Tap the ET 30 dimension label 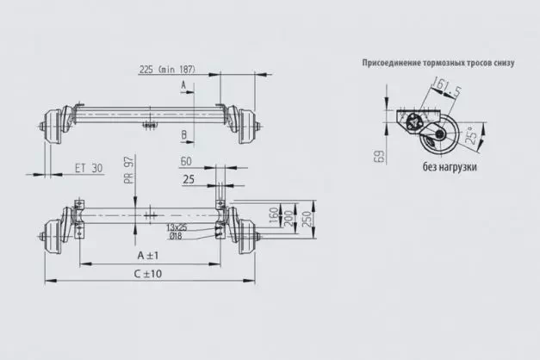pyautogui.click(x=88, y=167)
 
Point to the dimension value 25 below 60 pyautogui.click(x=187, y=178)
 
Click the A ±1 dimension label pyautogui.click(x=149, y=256)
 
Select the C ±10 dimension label pyautogui.click(x=149, y=275)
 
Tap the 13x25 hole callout pyautogui.click(x=179, y=226)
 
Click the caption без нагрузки pyautogui.click(x=450, y=167)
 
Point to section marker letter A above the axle pyautogui.click(x=183, y=84)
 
